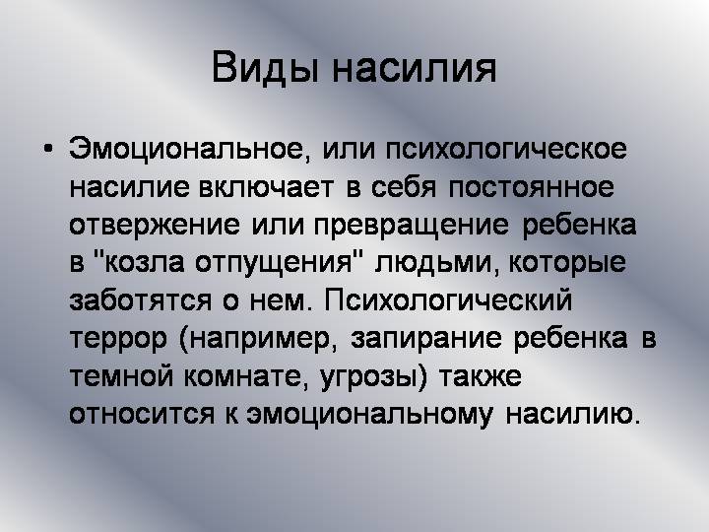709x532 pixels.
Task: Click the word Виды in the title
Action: point(266,68)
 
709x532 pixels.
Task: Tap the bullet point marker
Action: point(48,150)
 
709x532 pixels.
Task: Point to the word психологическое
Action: point(506,151)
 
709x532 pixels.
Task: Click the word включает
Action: point(267,187)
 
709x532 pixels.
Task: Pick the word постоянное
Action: point(532,187)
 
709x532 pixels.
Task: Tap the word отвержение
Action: point(155,225)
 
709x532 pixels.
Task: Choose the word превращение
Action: point(412,225)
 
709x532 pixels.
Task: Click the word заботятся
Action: point(140,300)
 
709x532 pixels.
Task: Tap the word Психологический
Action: point(448,300)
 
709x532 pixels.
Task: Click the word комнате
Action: point(243,376)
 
